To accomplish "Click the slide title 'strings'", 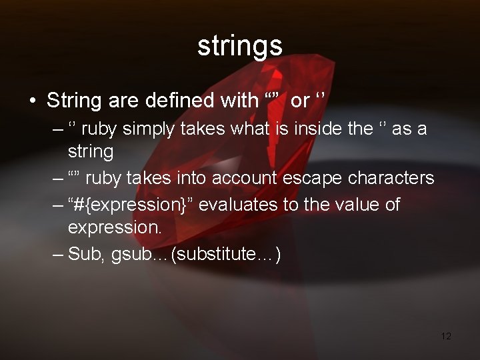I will tap(240, 45).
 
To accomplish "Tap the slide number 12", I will tap(446, 335).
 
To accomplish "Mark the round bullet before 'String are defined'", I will tap(32, 101).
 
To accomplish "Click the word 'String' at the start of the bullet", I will tap(73, 101).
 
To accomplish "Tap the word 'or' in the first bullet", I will tap(301, 101).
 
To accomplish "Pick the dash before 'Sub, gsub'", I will tap(58, 254).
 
